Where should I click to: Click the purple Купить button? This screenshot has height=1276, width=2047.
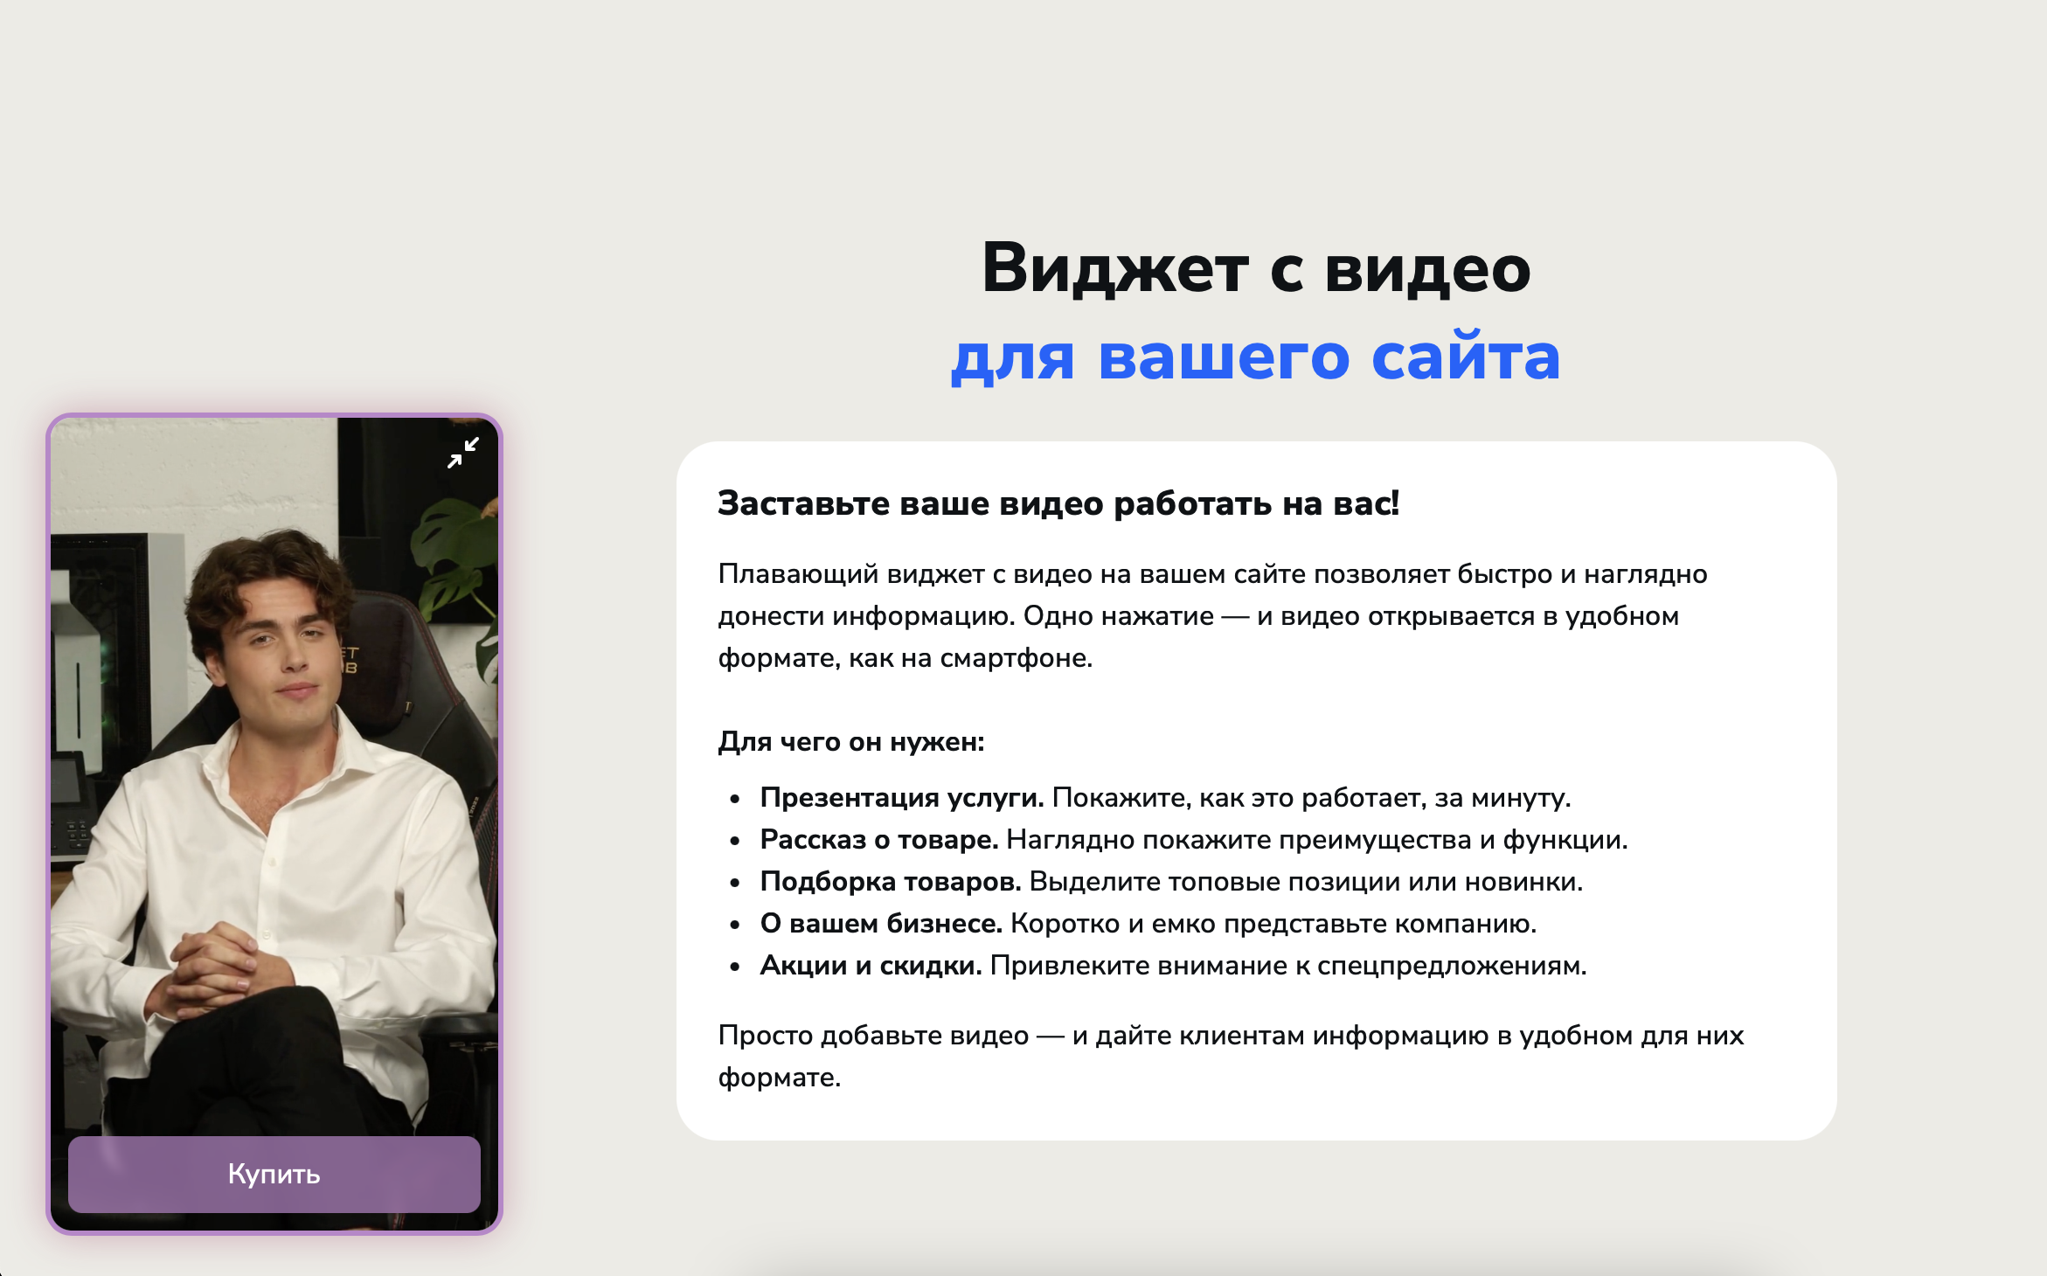[x=274, y=1174]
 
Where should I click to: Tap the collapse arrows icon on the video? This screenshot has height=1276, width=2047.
[x=463, y=453]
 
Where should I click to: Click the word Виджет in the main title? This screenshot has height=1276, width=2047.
[x=1115, y=267]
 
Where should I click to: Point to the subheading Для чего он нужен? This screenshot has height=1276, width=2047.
[x=851, y=742]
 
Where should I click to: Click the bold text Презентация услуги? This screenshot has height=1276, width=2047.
[x=902, y=798]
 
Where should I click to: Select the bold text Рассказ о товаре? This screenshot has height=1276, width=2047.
[x=879, y=840]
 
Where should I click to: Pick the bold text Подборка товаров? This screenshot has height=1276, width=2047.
[x=891, y=882]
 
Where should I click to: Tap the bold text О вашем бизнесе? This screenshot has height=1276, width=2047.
[x=881, y=924]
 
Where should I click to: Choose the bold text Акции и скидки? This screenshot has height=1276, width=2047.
[x=871, y=966]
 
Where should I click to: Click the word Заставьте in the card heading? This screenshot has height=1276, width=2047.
[x=804, y=503]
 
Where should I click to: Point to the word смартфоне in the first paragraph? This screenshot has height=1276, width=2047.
[x=1016, y=658]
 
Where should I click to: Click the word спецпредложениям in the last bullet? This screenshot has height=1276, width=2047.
[x=1452, y=967]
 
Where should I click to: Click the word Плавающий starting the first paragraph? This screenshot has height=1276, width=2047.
[x=798, y=575]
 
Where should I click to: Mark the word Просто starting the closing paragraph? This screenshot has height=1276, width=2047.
[x=765, y=1036]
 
